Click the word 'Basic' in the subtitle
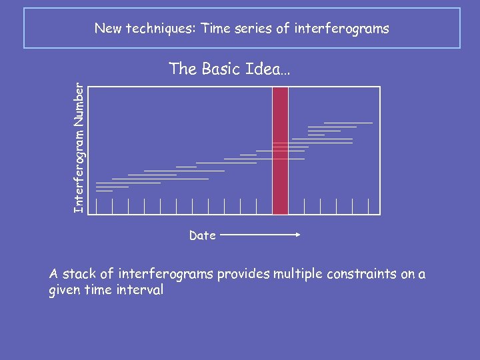[x=221, y=69]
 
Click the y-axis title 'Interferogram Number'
[x=79, y=148]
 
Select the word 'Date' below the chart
[x=202, y=235]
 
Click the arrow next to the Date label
[x=261, y=235]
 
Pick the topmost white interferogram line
[x=348, y=123]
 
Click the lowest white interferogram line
[x=105, y=191]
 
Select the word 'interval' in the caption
[x=139, y=291]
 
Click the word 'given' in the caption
[x=65, y=291]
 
